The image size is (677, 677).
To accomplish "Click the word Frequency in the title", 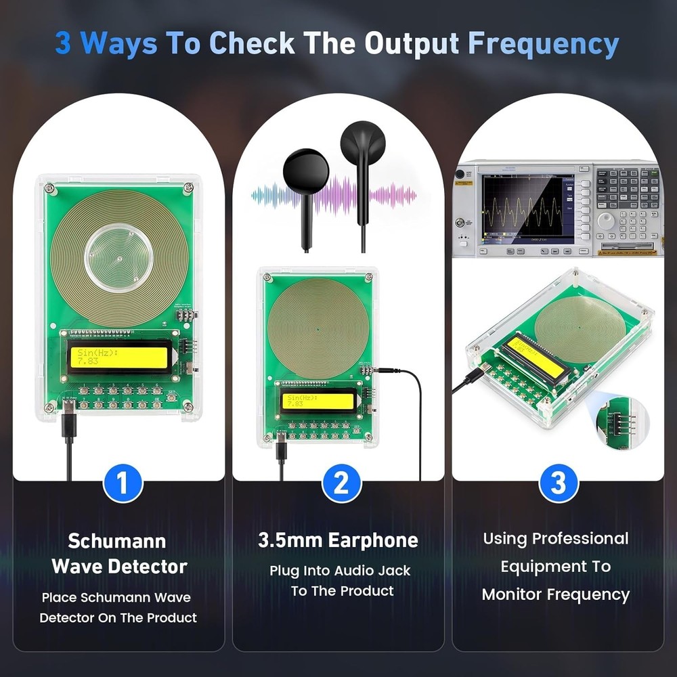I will [x=543, y=43].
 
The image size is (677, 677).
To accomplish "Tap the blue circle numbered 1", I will [x=123, y=483].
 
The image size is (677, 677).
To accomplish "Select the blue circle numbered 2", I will [x=341, y=483].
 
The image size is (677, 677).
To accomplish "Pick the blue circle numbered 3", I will [x=558, y=483].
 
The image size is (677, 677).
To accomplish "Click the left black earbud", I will [x=306, y=173].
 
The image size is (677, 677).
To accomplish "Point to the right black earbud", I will [x=363, y=145].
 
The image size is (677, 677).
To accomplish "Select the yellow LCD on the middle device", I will [x=319, y=401].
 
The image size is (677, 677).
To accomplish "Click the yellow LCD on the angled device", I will [x=536, y=357].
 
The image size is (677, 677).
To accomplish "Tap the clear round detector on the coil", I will [x=118, y=257].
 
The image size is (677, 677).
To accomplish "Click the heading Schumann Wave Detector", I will [x=119, y=553].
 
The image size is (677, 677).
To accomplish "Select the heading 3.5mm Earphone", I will [x=338, y=540].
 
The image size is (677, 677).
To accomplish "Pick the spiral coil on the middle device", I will [x=318, y=328].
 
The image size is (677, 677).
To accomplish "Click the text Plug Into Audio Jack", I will [x=340, y=571].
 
